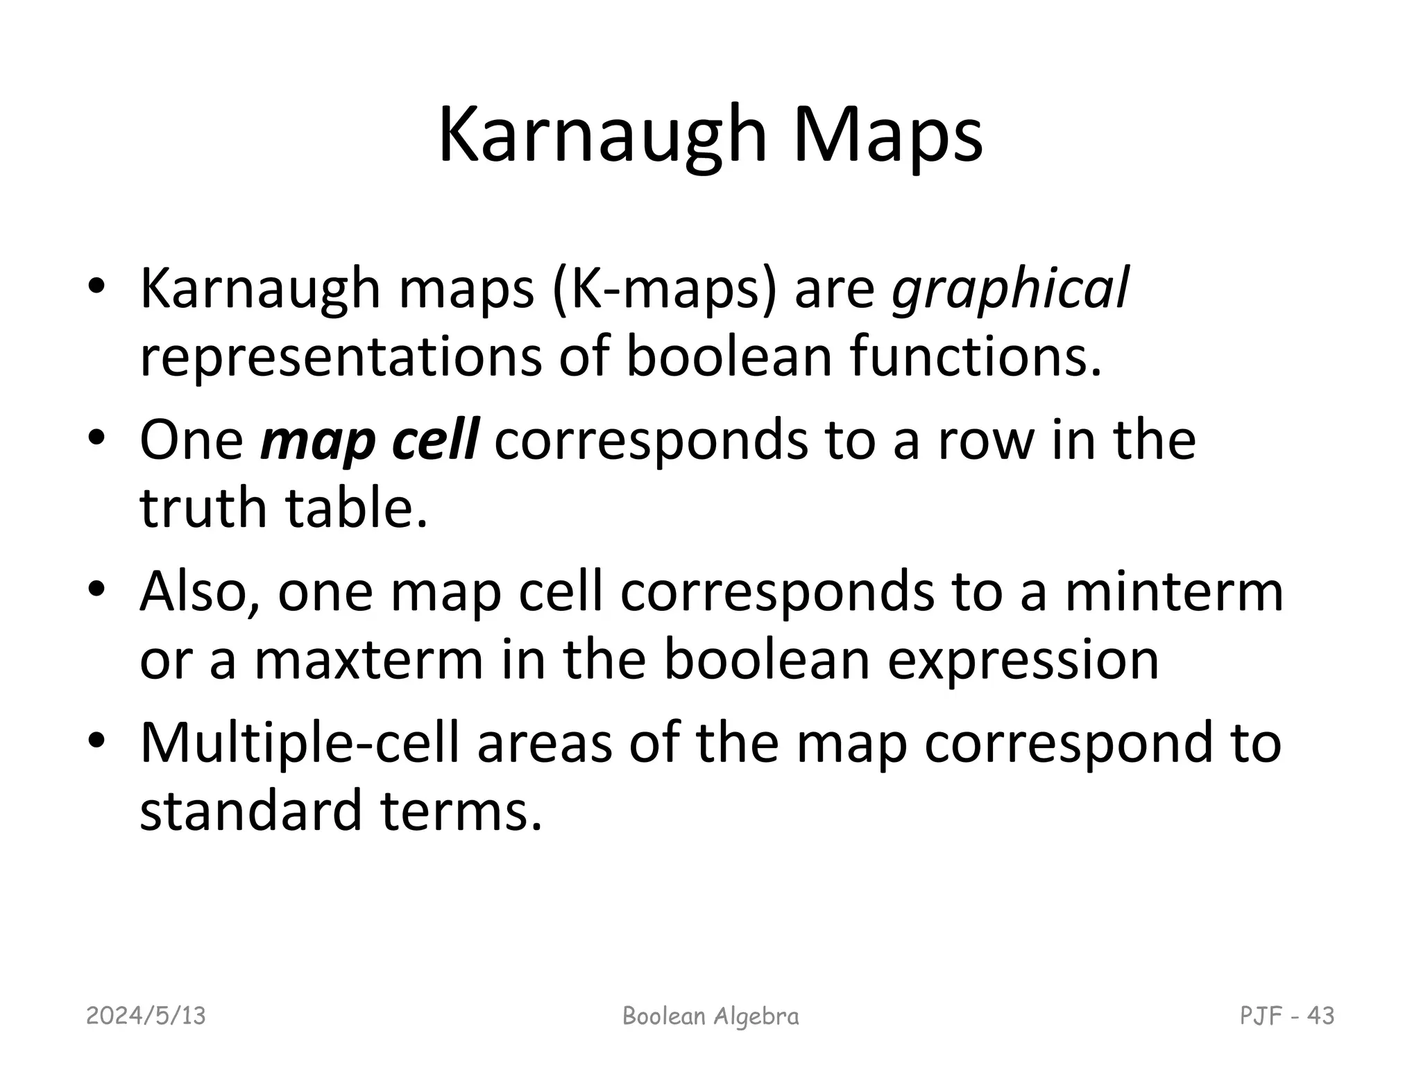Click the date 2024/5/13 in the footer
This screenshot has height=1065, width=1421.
(146, 1016)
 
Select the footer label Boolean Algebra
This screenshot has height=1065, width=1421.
(710, 1016)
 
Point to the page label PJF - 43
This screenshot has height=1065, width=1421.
(1287, 1016)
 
